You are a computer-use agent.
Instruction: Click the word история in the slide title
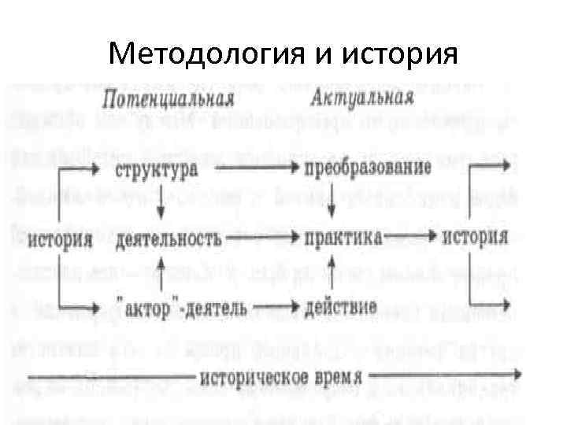click(401, 55)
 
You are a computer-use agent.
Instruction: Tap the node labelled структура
click(157, 168)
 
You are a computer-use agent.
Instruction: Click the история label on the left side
click(61, 238)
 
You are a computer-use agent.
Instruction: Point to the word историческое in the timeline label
click(248, 375)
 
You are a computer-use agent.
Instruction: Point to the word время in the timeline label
click(333, 375)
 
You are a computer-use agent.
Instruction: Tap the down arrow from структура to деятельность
click(160, 203)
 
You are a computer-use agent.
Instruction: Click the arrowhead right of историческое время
click(516, 375)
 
